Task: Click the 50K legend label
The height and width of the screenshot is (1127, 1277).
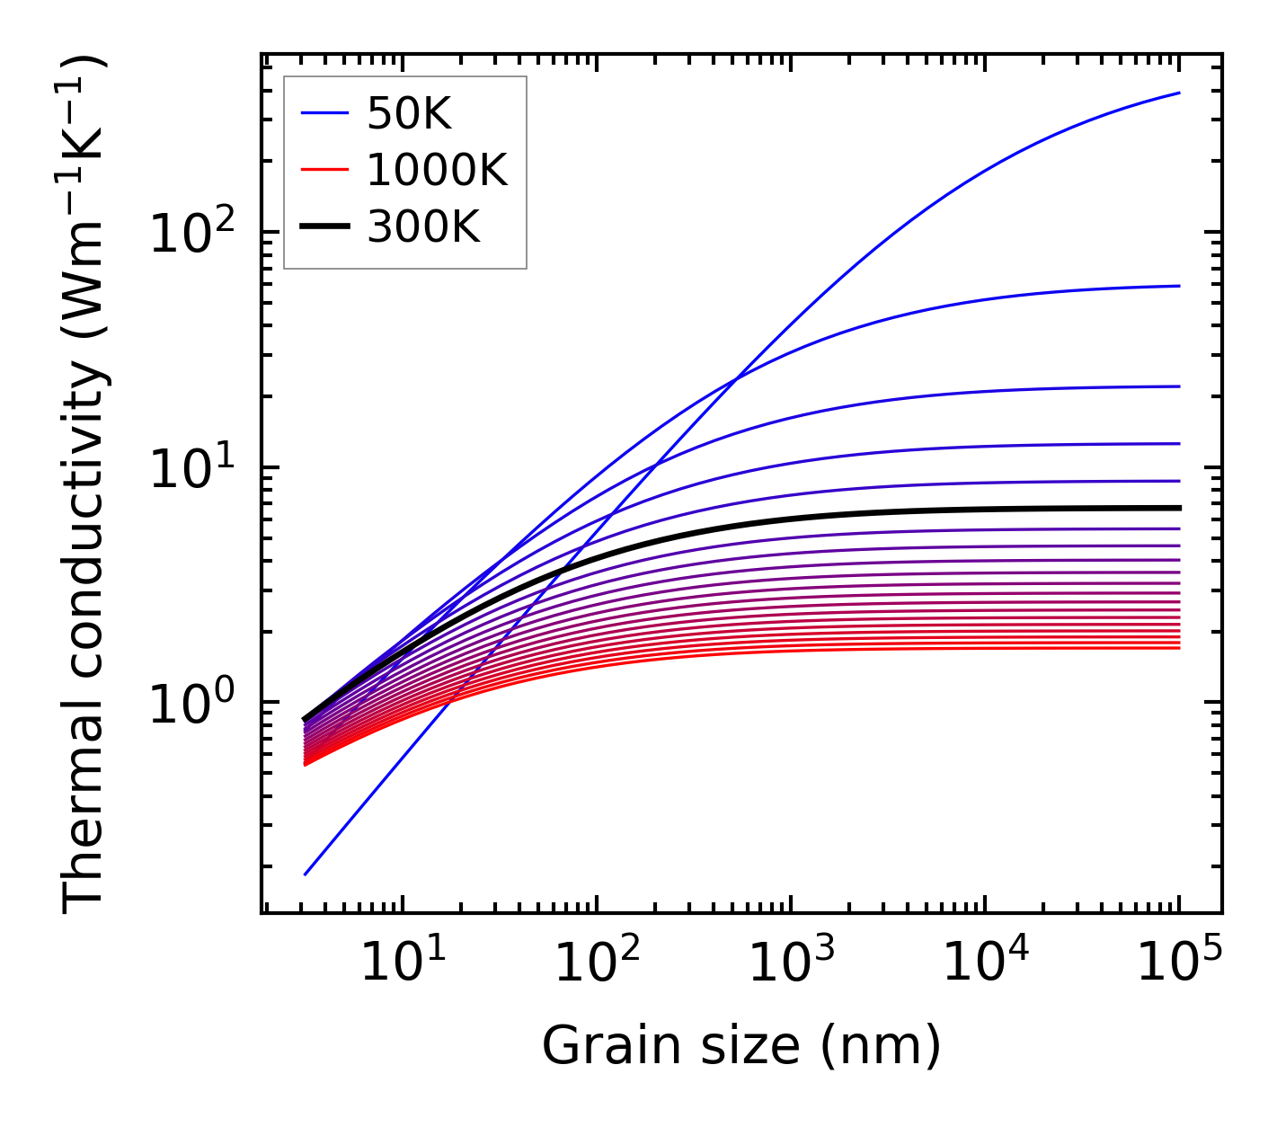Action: pos(409,114)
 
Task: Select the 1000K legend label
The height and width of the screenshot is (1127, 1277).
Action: pos(437,171)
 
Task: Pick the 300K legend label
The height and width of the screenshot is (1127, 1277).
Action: pos(423,228)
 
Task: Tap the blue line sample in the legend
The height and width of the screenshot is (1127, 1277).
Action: pos(324,114)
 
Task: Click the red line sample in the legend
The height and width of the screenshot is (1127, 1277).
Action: pos(324,171)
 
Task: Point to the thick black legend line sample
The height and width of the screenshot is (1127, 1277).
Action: pos(324,228)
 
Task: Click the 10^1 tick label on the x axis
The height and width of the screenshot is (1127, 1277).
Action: pos(402,963)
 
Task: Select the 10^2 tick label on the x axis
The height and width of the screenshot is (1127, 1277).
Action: pos(596,963)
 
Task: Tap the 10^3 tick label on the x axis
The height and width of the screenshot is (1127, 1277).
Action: pos(790,963)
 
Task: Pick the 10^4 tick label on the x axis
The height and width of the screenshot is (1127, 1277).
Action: pos(984,963)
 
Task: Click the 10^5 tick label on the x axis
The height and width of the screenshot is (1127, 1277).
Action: pos(1178,963)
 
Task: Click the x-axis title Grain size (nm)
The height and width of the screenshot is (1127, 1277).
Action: pos(741,1046)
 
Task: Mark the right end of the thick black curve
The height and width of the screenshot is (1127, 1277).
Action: pos(1178,508)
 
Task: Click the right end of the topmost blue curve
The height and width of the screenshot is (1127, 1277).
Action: pos(1178,93)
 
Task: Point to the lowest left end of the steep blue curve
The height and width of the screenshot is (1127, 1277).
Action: pos(306,874)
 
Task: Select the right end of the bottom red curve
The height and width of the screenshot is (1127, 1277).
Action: pos(1178,648)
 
